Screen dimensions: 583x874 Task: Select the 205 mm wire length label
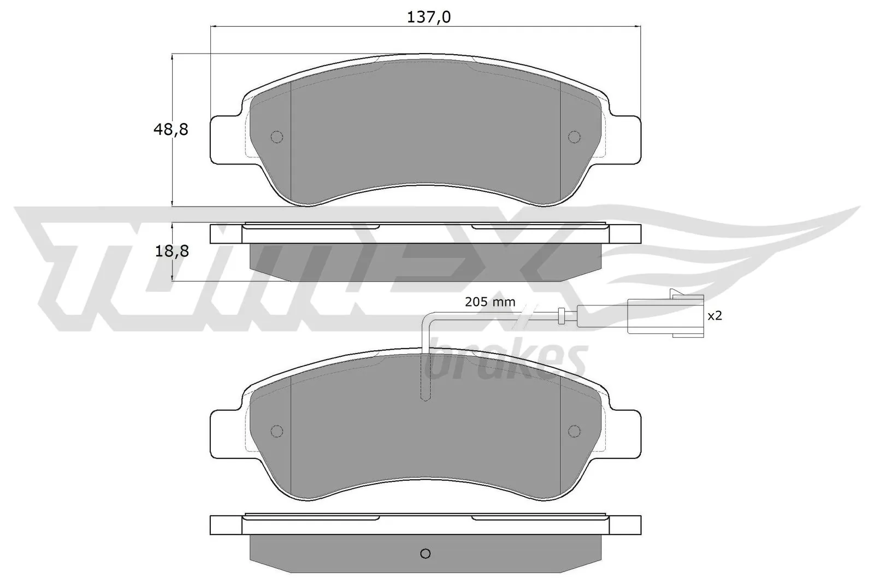coord(490,302)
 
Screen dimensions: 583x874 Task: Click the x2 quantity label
coord(714,316)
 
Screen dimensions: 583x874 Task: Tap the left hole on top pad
coord(277,137)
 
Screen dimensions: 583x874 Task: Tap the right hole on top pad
coord(574,137)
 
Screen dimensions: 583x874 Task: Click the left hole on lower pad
coord(277,431)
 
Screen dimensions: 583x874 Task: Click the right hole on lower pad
coord(574,431)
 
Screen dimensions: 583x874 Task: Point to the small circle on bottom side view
coord(426,553)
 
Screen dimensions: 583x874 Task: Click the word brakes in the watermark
coord(508,361)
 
